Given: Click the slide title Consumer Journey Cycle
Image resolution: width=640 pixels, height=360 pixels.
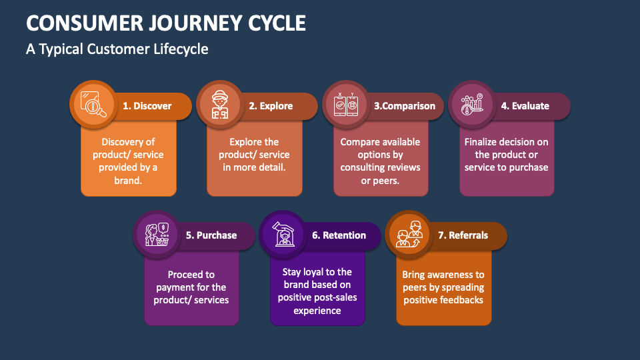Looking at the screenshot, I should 166,23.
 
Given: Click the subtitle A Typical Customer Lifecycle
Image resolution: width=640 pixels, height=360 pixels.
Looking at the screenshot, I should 117,49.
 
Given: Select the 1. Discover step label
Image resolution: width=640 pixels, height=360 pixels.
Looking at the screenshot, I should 147,105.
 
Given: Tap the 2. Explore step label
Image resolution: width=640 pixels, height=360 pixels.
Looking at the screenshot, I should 271,105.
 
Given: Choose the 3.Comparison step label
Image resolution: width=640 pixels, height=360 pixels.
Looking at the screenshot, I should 404,105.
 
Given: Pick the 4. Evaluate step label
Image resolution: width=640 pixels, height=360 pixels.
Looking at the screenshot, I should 525,105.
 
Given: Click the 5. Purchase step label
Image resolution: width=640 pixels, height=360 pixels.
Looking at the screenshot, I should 211,235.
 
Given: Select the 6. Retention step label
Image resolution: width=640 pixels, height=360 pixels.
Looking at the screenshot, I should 339,235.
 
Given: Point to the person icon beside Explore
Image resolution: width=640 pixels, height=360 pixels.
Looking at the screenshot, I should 219,103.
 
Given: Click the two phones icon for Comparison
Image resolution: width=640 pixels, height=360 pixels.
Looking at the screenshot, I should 345,103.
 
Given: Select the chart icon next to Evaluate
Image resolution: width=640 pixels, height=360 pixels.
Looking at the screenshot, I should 471,103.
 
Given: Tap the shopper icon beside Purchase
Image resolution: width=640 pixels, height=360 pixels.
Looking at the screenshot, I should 156,233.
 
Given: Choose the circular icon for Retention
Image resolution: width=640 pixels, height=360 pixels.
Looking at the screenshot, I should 282,233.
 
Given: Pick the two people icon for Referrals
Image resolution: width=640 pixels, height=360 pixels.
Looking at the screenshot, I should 409,233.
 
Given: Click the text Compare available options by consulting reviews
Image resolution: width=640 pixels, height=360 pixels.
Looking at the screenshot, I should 380,155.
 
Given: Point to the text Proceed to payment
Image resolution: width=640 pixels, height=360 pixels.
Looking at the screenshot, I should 191,281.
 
